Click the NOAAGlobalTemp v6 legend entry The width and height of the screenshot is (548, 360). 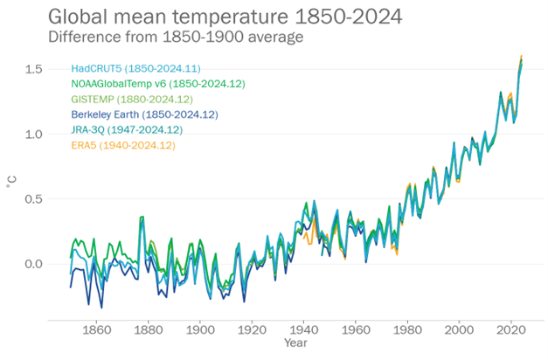(x=157, y=84)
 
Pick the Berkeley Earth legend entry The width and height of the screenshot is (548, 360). (x=144, y=114)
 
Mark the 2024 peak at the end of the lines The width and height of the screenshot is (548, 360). (x=522, y=58)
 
